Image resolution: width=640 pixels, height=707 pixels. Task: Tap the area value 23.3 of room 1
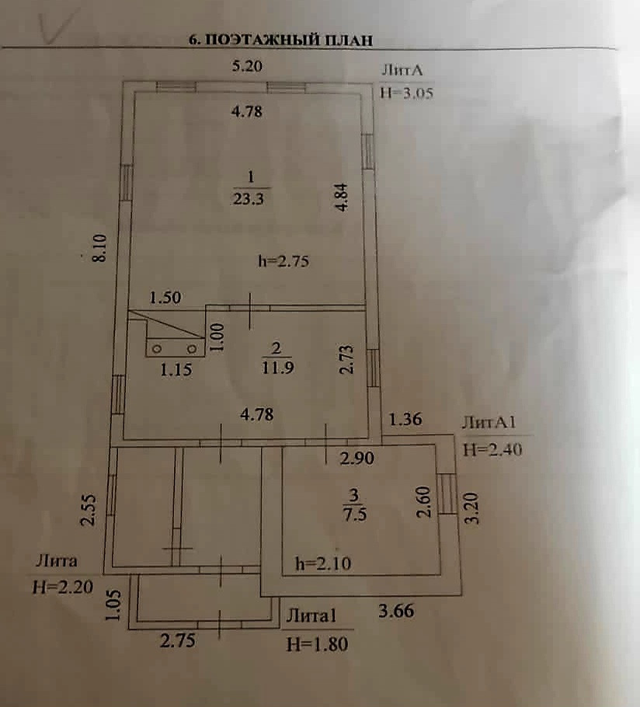pyautogui.click(x=249, y=197)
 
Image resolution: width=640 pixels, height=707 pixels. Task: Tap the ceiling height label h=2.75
pyautogui.click(x=283, y=261)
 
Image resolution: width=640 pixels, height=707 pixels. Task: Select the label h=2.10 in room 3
pyautogui.click(x=323, y=564)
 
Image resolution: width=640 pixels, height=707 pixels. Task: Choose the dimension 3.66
pyautogui.click(x=396, y=611)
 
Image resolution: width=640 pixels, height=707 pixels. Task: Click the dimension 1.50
pyautogui.click(x=165, y=298)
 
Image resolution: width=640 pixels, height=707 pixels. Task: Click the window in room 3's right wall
pyautogui.click(x=447, y=493)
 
